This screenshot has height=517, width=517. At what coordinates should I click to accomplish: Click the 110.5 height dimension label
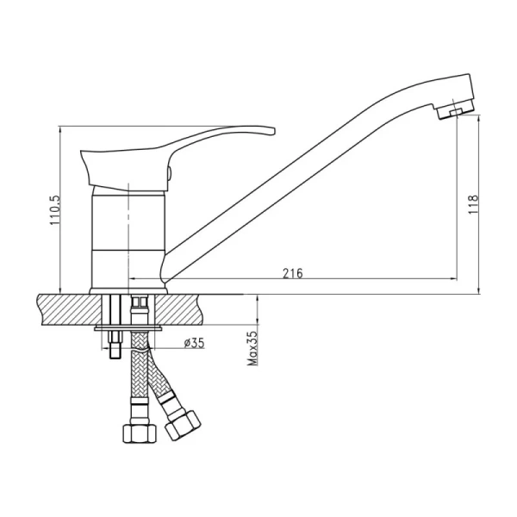click(55, 210)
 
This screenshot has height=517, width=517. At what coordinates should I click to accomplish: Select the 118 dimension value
click(473, 204)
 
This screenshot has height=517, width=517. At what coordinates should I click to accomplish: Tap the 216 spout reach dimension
click(292, 273)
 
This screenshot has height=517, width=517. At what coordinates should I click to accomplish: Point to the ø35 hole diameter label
click(194, 343)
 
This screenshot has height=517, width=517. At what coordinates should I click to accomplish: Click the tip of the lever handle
click(274, 131)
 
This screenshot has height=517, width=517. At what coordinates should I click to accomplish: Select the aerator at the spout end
click(456, 109)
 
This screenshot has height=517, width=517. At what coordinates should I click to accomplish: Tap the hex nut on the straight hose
click(139, 433)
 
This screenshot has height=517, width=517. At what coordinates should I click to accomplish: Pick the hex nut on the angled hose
click(183, 425)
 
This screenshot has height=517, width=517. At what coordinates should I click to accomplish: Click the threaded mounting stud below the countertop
click(115, 346)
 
